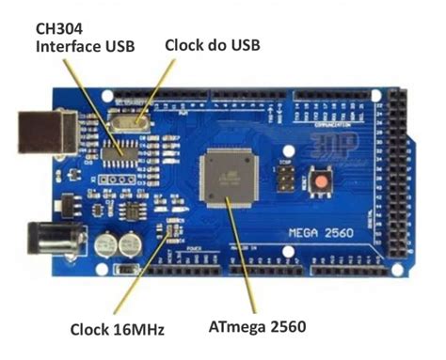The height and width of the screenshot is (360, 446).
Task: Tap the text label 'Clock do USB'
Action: click(x=212, y=45)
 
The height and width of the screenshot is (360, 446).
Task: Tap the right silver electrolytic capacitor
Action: click(x=131, y=243)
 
